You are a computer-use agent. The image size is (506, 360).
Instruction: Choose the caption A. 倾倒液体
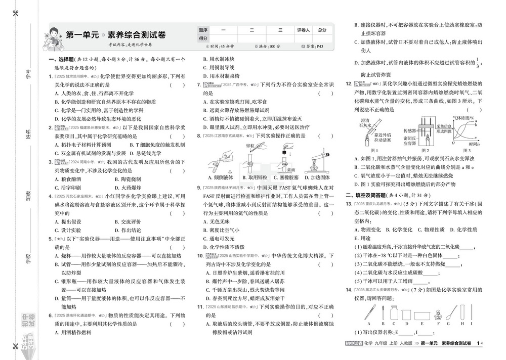[x=221, y=177]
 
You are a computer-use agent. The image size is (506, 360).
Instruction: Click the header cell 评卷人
[x=304, y=30]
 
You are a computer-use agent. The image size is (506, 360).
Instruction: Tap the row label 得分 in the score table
[x=203, y=38]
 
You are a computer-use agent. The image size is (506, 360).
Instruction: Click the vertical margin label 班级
[x=28, y=196]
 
